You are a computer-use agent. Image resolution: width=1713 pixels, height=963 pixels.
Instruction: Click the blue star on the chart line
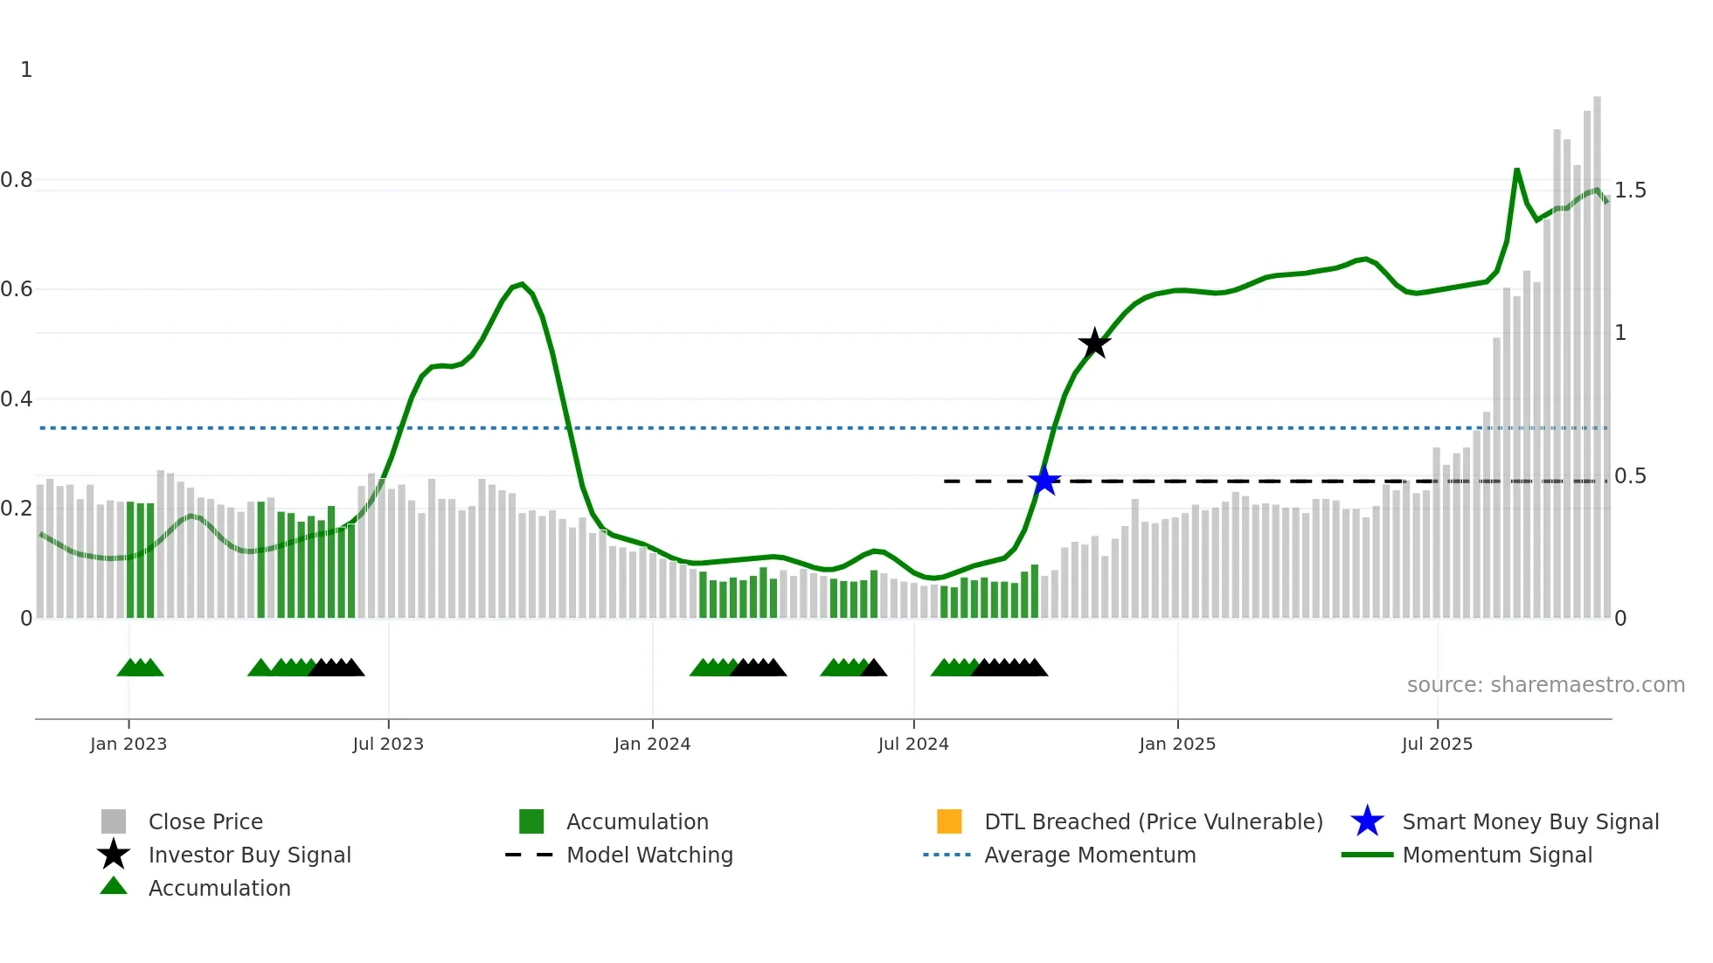point(1044,481)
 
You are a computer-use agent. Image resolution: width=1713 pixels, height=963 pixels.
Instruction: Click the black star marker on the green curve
point(1094,343)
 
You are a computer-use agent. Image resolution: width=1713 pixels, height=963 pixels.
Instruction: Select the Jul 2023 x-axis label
point(388,744)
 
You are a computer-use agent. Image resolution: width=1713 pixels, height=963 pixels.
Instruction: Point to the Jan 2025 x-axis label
point(1177,744)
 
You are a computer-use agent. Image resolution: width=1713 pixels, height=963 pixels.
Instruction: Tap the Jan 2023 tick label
point(128,744)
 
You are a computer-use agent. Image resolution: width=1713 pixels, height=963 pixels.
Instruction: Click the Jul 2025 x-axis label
point(1437,744)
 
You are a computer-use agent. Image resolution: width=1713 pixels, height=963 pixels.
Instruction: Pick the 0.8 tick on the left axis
point(17,180)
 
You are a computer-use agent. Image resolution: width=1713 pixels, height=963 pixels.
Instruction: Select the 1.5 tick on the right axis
point(1629,191)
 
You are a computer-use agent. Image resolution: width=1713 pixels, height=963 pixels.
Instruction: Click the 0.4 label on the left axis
point(17,399)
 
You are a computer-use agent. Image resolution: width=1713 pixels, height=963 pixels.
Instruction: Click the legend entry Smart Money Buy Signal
point(1529,821)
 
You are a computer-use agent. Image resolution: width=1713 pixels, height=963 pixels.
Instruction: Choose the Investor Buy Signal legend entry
point(249,855)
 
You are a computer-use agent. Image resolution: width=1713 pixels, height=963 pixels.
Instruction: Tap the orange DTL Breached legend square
point(949,821)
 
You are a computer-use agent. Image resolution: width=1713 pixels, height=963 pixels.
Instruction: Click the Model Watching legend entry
point(648,855)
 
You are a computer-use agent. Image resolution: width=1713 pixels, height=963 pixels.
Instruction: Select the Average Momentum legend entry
point(1089,855)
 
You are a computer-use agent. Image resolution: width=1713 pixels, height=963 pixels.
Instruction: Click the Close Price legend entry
point(205,821)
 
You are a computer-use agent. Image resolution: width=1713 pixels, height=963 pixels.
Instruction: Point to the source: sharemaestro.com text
point(1545,685)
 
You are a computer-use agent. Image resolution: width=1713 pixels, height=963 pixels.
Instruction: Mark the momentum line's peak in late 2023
point(522,284)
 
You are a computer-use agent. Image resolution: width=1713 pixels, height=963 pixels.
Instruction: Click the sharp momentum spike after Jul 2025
point(1516,170)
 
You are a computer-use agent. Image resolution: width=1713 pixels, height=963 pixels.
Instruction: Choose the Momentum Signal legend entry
point(1496,855)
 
